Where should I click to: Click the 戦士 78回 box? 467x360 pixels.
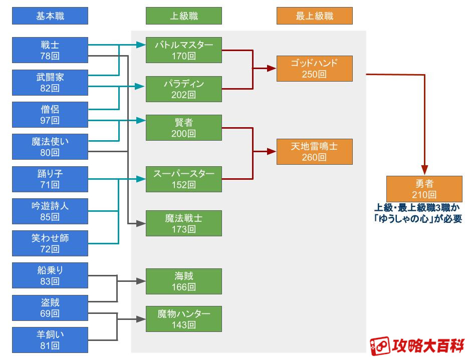click(x=50, y=50)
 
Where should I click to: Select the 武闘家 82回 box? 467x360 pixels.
click(x=50, y=83)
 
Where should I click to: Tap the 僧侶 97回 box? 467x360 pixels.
click(x=50, y=115)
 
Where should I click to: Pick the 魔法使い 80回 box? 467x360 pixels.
click(x=50, y=147)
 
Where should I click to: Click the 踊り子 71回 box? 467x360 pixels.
click(x=50, y=179)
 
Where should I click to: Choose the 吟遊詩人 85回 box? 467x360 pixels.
click(x=50, y=211)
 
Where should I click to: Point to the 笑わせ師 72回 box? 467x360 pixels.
click(x=50, y=243)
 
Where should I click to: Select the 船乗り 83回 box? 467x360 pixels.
click(x=50, y=275)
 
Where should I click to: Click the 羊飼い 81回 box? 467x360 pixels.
click(x=50, y=339)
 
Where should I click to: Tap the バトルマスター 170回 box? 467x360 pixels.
click(x=184, y=50)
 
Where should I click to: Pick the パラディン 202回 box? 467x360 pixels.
click(x=184, y=89)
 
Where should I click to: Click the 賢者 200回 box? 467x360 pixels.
click(x=184, y=128)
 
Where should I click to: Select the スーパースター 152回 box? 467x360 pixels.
click(x=184, y=179)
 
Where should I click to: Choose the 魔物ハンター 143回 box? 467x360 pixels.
click(x=184, y=319)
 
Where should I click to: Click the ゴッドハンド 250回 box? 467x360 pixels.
click(x=315, y=69)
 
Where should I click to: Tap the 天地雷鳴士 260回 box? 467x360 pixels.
click(x=315, y=152)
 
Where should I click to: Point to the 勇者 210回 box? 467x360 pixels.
click(x=424, y=189)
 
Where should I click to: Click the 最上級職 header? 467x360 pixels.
click(x=315, y=17)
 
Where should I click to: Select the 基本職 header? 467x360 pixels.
click(x=50, y=17)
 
